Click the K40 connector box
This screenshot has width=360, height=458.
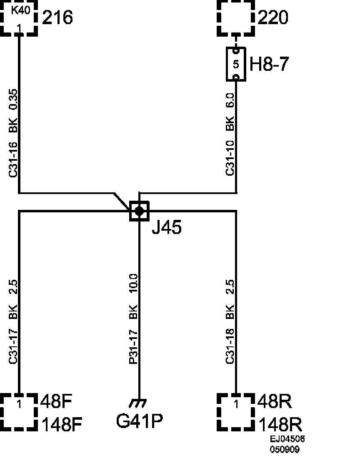click(19, 17)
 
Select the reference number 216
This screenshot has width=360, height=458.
click(57, 17)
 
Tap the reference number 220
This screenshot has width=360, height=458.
click(273, 17)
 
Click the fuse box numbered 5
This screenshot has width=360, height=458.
click(236, 64)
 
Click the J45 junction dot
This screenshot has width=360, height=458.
click(139, 211)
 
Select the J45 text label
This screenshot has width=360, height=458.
click(166, 227)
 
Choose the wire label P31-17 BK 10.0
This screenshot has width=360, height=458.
click(133, 319)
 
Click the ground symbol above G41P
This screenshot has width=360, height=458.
click(138, 403)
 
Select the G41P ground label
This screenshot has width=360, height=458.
click(139, 421)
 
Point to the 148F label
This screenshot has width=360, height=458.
click(62, 425)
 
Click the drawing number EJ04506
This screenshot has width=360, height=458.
click(287, 439)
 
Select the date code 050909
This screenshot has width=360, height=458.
click(285, 449)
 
